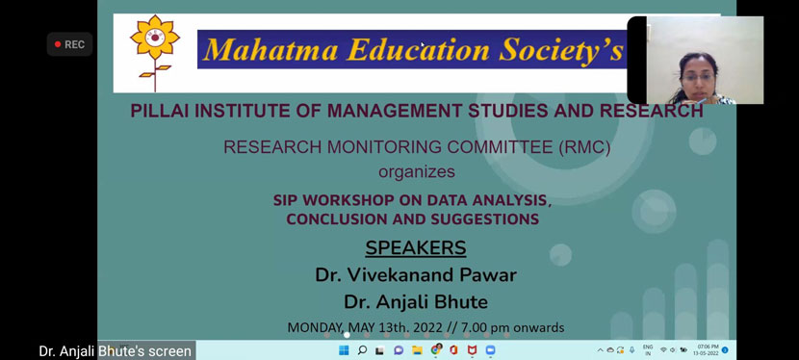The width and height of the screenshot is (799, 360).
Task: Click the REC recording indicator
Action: point(69,44)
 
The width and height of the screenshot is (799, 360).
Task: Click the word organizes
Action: point(416,172)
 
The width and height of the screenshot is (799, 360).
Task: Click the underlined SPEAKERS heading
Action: point(416,247)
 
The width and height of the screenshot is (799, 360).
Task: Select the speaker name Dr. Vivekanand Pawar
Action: point(416,275)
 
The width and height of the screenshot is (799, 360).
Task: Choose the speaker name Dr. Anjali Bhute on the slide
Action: point(416,302)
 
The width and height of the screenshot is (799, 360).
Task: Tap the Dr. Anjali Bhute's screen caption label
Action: point(116,351)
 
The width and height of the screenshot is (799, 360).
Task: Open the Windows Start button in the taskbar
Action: point(344,350)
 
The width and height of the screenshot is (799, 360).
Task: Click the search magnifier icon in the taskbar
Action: point(362,350)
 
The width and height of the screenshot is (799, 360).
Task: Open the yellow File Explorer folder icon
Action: point(417,350)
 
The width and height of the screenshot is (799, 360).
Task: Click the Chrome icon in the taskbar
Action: point(435,350)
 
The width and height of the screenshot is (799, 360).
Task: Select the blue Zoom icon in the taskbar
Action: point(490,350)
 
